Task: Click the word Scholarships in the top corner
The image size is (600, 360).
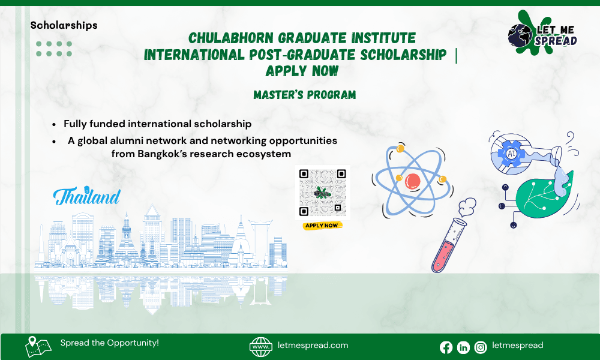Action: [x=64, y=25]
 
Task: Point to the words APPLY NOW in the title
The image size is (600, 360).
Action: [x=302, y=71]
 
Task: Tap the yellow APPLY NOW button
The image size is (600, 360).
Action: [x=322, y=226]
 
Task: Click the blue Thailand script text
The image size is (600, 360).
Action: [x=87, y=196]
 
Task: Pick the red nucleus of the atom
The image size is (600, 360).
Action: [x=413, y=180]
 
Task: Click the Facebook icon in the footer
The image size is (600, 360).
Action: [x=446, y=347]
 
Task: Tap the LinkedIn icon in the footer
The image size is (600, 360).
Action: [x=463, y=347]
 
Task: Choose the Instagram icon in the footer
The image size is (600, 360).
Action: [x=481, y=347]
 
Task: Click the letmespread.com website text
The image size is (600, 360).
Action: [x=313, y=346]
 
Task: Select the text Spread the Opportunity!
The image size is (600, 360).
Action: [x=109, y=343]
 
